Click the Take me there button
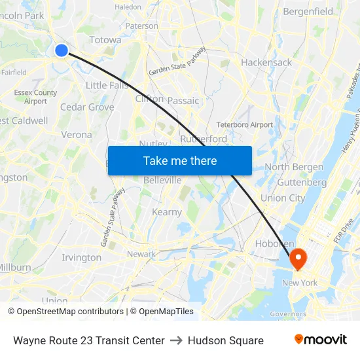pos(179,160)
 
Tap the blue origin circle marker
pos(62,50)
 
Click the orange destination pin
pos(298,258)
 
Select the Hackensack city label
pos(266,62)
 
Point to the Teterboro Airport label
pos(244,124)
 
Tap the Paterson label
pos(142,26)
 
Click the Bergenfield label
pos(308,11)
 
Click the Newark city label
pos(141,254)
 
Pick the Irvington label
pos(81,257)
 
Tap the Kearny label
pos(167,212)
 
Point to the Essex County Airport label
pos(36,97)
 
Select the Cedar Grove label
pos(87,107)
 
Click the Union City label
pos(283,198)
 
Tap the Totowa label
pos(105,40)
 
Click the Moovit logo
pos(320,340)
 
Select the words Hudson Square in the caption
pos(225,340)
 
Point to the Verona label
pos(77,134)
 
